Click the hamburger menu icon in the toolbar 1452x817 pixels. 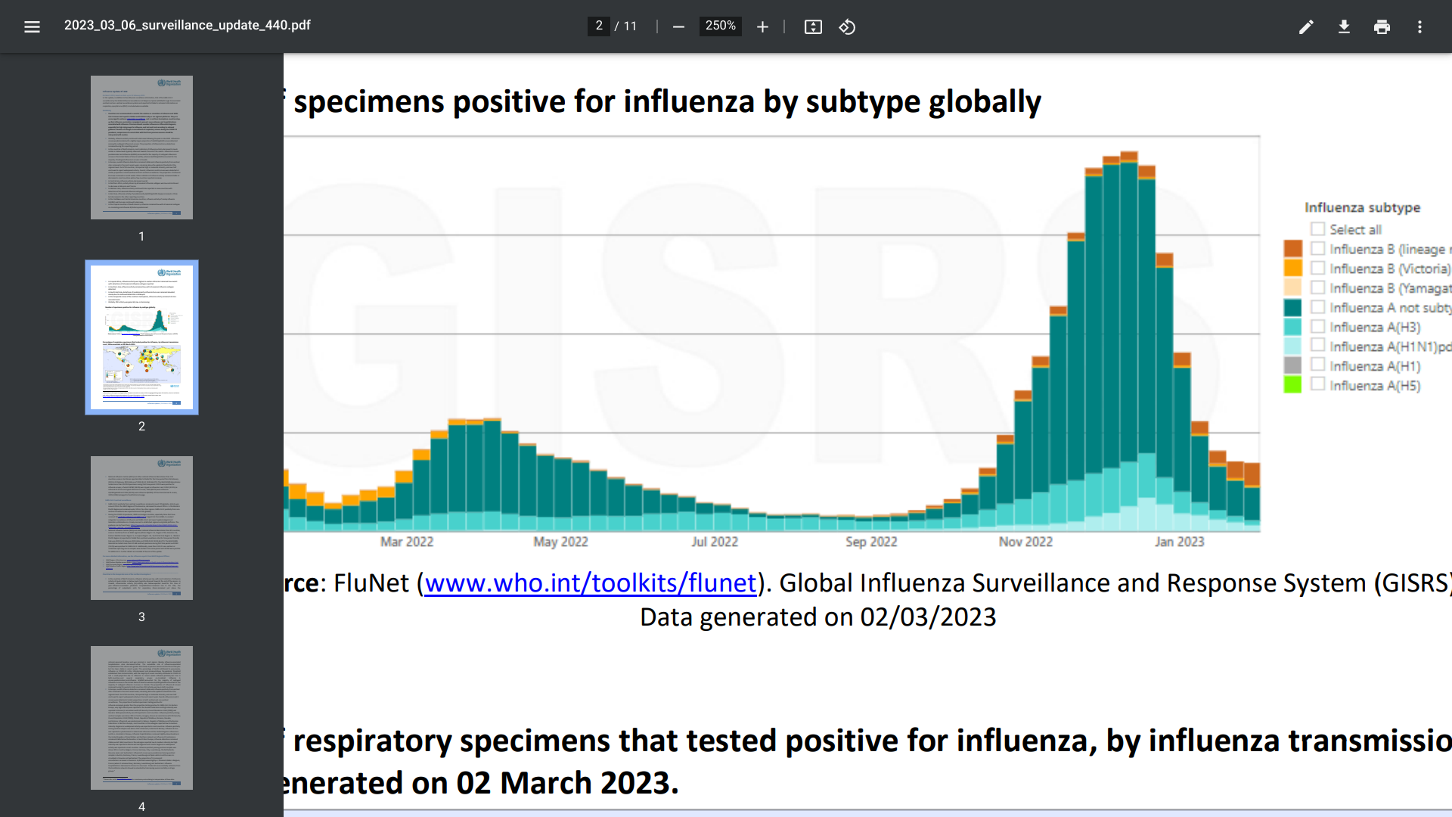coord(32,27)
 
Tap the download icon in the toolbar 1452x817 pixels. coord(1344,27)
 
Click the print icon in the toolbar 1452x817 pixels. coord(1382,27)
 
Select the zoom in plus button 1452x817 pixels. coord(762,27)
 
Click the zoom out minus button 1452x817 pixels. coord(678,27)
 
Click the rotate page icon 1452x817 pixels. coord(847,27)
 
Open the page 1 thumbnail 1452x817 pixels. coord(141,148)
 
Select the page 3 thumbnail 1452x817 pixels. coord(141,528)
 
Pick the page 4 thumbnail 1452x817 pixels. coord(141,718)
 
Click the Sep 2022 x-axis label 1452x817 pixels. coord(871,542)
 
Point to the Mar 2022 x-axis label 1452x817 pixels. coord(407,542)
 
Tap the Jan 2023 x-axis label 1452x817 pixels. coord(1179,542)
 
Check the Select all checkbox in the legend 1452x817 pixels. coord(1318,229)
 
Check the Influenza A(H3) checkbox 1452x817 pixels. coord(1318,327)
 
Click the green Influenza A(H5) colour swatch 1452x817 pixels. coord(1292,385)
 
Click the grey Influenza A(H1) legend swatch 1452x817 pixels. coord(1292,365)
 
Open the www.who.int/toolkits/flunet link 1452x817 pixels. coord(590,583)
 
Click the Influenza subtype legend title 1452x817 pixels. coord(1362,207)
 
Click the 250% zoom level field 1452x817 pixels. coord(720,26)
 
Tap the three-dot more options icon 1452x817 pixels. coord(1419,27)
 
